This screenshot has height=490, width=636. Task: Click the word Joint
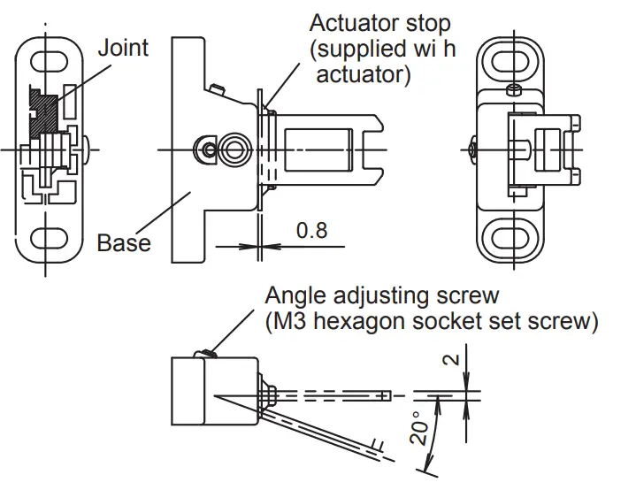point(123,47)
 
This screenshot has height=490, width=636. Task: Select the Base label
point(123,241)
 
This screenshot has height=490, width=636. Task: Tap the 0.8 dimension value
point(311,231)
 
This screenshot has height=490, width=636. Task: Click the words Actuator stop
point(379,24)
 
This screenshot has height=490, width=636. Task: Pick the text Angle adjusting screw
point(382,295)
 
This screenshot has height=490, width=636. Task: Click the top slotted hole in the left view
point(50,63)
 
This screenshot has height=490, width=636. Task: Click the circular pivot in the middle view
point(235,149)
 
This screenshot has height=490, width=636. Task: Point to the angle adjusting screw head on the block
point(210,355)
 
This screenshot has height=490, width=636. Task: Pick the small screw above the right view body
point(513,89)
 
